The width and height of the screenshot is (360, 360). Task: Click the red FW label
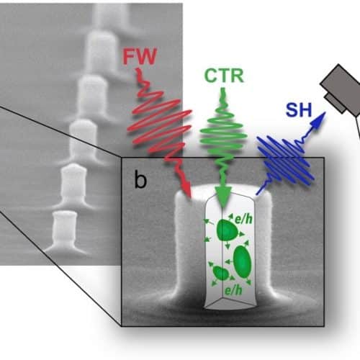pyautogui.click(x=140, y=56)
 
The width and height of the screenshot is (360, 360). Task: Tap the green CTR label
pyautogui.click(x=224, y=76)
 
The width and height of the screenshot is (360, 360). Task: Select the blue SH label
pyautogui.click(x=299, y=110)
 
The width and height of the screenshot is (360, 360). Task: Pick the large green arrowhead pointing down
pyautogui.click(x=223, y=197)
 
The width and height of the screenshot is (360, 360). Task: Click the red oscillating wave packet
pyautogui.click(x=160, y=125)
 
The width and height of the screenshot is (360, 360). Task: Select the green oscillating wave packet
pyautogui.click(x=223, y=135)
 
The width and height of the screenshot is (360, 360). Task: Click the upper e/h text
pyautogui.click(x=243, y=219)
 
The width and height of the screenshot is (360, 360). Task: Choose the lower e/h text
pyautogui.click(x=233, y=291)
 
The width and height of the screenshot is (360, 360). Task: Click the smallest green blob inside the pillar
pyautogui.click(x=221, y=273)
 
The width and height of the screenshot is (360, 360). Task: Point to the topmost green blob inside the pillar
pyautogui.click(x=227, y=230)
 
